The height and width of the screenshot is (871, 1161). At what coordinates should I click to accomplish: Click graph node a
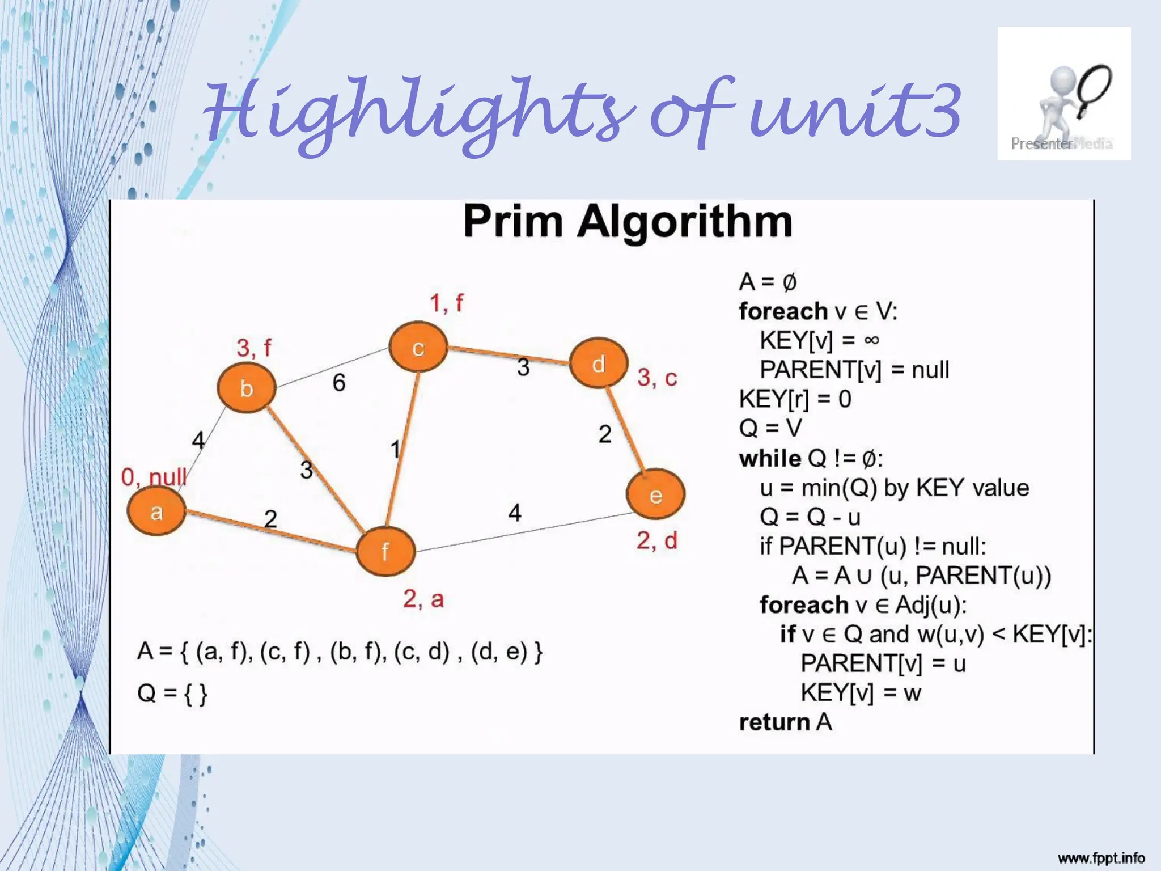[156, 511]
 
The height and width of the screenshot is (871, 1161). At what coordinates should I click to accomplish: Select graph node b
[247, 388]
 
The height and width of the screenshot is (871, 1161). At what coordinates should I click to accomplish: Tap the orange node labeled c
[418, 347]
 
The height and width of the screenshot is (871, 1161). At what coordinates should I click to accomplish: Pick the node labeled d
[599, 363]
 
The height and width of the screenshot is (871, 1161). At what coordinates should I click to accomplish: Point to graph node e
[655, 495]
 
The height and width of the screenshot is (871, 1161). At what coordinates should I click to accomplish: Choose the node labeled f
[385, 551]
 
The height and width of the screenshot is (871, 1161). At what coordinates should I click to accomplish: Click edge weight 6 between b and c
[339, 383]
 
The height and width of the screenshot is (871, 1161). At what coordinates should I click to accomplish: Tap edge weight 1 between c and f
[395, 449]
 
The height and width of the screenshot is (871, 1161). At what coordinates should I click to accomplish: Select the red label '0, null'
[154, 477]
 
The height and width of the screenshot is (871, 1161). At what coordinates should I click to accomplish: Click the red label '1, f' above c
[446, 303]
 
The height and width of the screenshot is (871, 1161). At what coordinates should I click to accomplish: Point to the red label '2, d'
[656, 541]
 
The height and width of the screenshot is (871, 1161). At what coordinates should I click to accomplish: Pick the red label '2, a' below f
[423, 599]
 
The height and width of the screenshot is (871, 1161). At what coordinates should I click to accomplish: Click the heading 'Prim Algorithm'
[628, 221]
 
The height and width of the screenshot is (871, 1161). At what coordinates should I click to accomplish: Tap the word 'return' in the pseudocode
[774, 722]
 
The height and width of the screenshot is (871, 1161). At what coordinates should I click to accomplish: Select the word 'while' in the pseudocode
[770, 458]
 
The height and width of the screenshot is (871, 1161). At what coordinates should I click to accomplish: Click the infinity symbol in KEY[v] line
[871, 340]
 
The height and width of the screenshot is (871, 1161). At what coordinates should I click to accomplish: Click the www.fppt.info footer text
[1101, 858]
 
